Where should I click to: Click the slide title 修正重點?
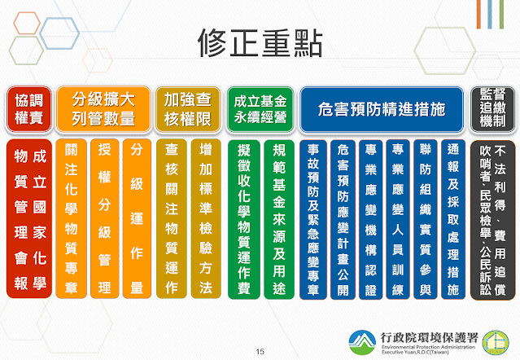click(x=260, y=43)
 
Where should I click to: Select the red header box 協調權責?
click(x=29, y=109)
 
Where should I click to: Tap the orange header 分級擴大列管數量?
click(x=103, y=109)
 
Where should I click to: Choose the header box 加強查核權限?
click(x=188, y=109)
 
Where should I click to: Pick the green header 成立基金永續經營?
click(x=260, y=109)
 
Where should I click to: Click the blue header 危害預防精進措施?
click(x=382, y=109)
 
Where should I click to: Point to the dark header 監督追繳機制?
click(x=493, y=109)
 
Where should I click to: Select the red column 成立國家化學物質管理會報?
click(x=29, y=218)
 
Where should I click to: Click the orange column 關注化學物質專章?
click(x=71, y=218)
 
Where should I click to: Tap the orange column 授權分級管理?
click(x=104, y=218)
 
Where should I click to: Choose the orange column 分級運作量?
click(x=137, y=218)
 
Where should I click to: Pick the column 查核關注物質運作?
click(x=172, y=218)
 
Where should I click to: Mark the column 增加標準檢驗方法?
click(x=206, y=218)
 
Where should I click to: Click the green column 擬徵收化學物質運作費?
click(x=244, y=219)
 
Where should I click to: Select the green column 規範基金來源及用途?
click(x=279, y=219)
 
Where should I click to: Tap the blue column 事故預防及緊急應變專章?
click(x=313, y=219)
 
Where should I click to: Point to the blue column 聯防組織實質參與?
click(x=426, y=219)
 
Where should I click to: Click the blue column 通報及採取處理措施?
click(x=453, y=219)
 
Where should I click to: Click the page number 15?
click(x=260, y=351)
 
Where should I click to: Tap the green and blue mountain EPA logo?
click(x=362, y=342)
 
